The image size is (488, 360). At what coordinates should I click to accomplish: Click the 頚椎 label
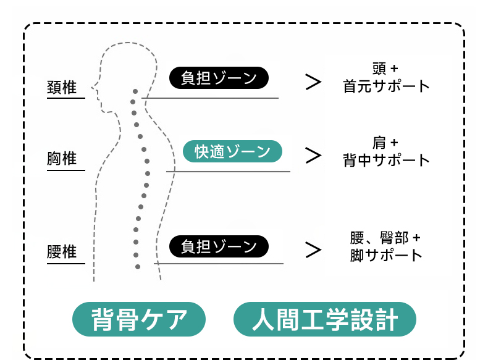click(62, 88)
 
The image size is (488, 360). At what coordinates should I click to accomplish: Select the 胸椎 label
click(62, 158)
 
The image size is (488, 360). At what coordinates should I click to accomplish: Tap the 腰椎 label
click(62, 252)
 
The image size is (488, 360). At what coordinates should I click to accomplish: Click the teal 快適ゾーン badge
click(232, 151)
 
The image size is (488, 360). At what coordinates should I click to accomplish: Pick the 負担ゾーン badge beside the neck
click(219, 78)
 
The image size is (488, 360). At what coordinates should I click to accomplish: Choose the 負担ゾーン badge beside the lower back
click(219, 246)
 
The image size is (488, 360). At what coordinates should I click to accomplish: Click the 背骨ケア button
click(139, 319)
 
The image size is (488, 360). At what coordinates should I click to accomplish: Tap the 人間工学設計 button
click(324, 319)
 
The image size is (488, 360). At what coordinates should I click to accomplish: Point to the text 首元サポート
click(386, 86)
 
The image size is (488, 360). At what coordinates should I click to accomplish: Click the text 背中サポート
click(386, 161)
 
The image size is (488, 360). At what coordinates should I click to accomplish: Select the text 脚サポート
click(386, 255)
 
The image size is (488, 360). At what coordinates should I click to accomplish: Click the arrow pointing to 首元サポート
click(313, 82)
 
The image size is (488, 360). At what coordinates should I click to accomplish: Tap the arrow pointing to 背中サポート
click(313, 156)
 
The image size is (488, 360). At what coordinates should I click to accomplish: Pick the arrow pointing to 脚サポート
click(313, 250)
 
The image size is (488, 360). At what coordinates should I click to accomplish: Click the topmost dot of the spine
click(135, 91)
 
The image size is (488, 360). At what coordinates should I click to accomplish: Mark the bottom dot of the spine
click(138, 267)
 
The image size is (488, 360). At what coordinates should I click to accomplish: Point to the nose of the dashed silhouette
click(92, 88)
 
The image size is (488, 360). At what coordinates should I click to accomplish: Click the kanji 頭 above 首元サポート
click(379, 69)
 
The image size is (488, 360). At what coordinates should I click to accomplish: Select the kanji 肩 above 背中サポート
click(379, 143)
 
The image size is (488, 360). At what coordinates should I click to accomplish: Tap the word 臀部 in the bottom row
click(394, 238)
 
